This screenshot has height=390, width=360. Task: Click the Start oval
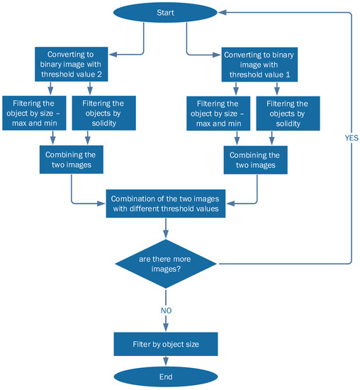coord(166,13)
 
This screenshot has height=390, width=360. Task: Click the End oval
coord(166,377)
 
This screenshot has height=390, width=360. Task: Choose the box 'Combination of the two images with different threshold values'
coord(166,204)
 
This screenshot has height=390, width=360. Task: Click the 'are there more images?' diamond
coord(166,264)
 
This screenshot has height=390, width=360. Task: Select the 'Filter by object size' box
coord(166,344)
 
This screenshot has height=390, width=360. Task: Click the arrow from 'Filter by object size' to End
coord(166,362)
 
